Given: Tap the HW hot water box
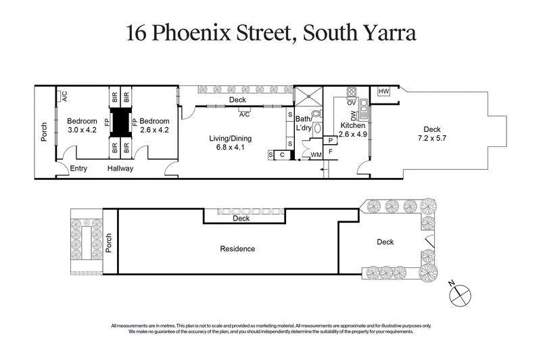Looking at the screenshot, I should pos(383,91).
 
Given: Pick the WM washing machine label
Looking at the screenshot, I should pos(315,155).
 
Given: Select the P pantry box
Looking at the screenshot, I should pos(330,140).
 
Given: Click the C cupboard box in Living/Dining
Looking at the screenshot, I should pos(282,155).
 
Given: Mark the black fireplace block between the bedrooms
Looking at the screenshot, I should pos(120,122).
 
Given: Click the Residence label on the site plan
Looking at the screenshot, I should pos(237,248).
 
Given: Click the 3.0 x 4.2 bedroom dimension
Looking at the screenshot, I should pos(82,131).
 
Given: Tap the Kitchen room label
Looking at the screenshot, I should pos(352,126).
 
